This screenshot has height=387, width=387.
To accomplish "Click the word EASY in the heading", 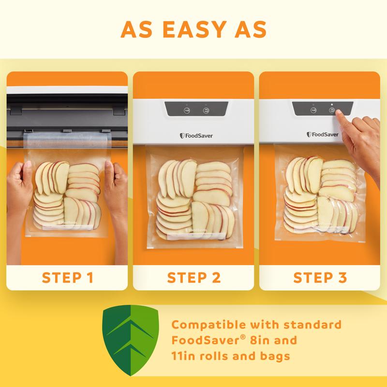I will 193,29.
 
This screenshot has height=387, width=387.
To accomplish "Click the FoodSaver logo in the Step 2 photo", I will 196,135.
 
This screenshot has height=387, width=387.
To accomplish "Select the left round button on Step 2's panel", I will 186,110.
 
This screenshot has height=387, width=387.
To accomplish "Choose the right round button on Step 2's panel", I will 205,110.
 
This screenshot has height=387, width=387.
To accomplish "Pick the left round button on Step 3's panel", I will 313,110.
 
